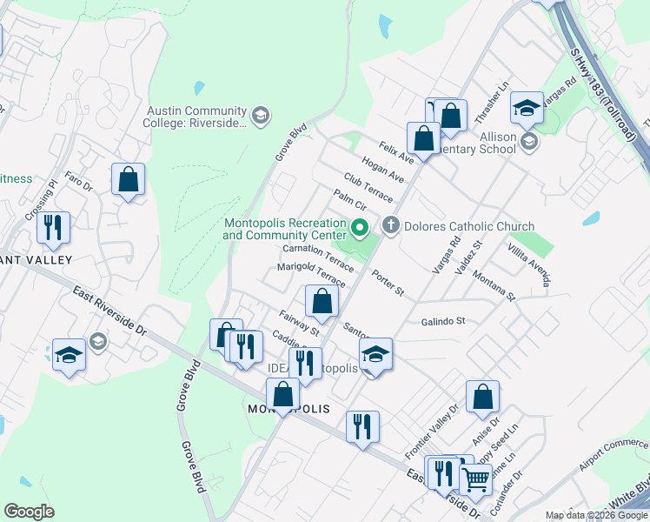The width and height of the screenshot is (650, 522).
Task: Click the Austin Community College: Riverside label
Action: coord(196,117)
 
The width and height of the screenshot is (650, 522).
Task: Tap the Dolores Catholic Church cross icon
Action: coord(391,227)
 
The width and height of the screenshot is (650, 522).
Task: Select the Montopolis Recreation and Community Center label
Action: coord(285,230)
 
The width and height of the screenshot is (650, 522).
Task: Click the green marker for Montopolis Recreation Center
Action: coord(361,230)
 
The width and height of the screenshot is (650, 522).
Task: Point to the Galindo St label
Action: coord(443,321)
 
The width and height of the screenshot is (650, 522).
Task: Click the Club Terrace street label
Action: coord(368,187)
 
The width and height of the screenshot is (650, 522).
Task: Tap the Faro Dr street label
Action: coord(78,183)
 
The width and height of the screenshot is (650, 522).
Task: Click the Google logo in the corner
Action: coord(30,512)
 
